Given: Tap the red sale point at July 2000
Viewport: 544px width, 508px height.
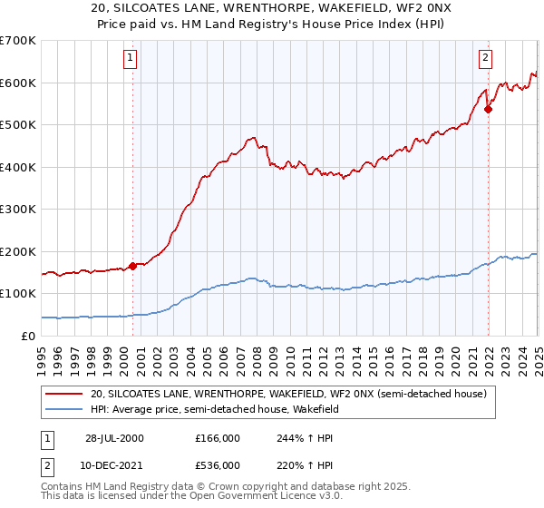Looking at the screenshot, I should [x=133, y=266].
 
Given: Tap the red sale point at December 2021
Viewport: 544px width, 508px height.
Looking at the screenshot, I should [x=488, y=110].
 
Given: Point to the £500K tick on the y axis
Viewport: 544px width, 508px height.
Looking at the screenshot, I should [x=18, y=125].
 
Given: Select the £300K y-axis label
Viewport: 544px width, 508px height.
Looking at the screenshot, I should [x=18, y=210].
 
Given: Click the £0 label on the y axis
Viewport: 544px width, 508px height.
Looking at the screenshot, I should [x=27, y=336].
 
